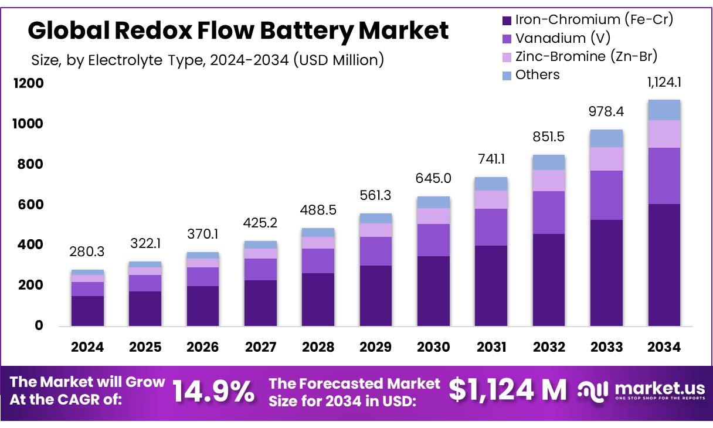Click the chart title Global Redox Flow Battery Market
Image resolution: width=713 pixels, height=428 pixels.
(238, 30)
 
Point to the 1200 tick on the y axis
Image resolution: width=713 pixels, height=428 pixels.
(29, 83)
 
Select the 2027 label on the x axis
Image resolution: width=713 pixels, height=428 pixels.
(260, 347)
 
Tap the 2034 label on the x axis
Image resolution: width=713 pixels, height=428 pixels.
(664, 347)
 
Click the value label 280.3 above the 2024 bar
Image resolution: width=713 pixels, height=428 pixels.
(87, 252)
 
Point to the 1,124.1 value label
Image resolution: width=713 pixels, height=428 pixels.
(664, 83)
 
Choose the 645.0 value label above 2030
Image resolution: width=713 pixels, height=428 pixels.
(433, 178)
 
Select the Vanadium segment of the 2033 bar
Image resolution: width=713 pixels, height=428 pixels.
(606, 195)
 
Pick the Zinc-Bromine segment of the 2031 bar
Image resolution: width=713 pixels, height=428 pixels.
(491, 199)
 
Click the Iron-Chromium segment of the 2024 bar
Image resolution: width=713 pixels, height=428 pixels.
(87, 311)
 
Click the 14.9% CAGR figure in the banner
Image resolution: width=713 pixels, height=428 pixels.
(214, 391)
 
